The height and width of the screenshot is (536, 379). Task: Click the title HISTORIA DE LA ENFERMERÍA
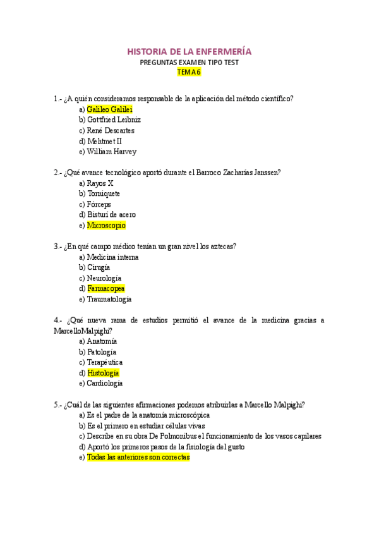click(189, 51)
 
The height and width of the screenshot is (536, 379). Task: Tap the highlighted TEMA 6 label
click(189, 72)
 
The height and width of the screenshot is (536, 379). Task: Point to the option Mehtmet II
click(105, 141)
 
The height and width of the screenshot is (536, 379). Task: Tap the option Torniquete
click(104, 193)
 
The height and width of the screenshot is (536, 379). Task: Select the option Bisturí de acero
click(111, 215)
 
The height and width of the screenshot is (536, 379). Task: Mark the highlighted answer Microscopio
click(106, 226)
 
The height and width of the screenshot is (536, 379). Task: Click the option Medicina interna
click(112, 257)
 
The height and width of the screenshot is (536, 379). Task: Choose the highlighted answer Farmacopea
click(105, 289)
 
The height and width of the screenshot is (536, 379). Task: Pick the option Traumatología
click(109, 299)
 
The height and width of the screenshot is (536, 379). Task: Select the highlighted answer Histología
click(103, 373)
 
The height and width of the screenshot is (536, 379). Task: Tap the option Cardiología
click(105, 383)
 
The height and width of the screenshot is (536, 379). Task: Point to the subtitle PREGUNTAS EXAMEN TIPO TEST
click(189, 62)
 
